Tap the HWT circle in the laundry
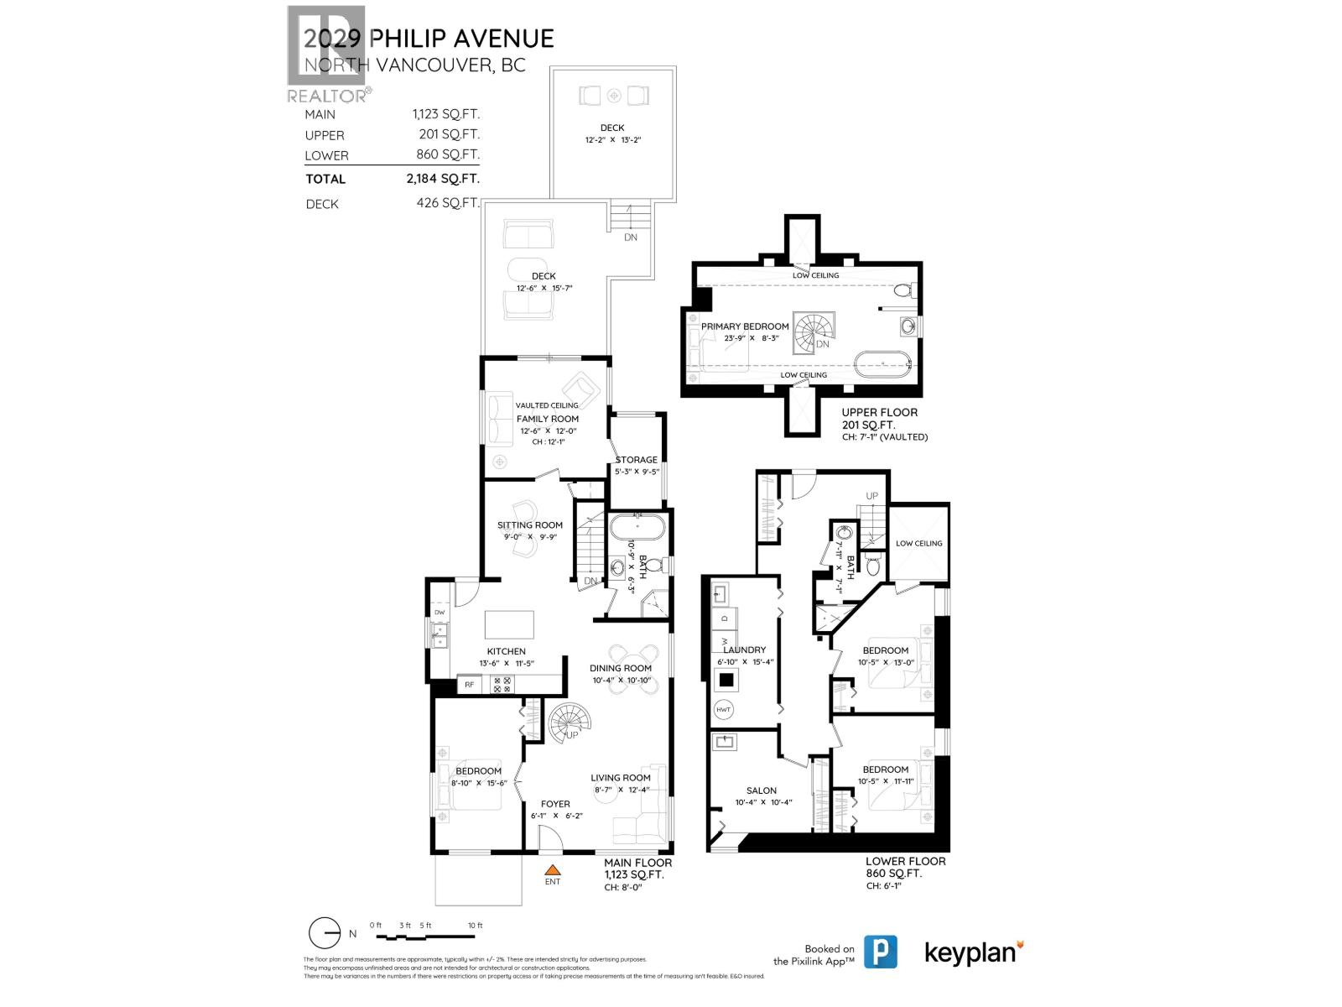click(724, 709)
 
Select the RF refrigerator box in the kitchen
click(470, 685)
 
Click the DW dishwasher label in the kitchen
click(439, 612)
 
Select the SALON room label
click(761, 790)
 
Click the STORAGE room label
click(637, 460)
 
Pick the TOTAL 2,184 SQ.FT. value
click(443, 179)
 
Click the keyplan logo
click(974, 952)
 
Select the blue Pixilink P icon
click(880, 952)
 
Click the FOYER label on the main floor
click(555, 804)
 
